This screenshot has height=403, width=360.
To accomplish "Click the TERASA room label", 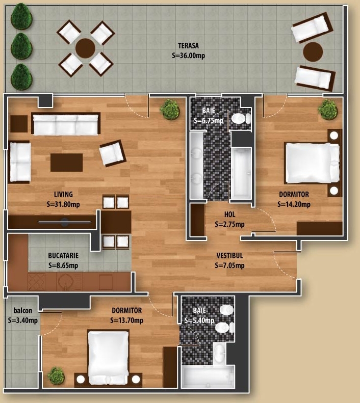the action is pos(189,46).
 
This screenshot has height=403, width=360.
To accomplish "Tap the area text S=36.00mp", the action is pos(189,56).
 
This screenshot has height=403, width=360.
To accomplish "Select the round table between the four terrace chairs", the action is pos(85,48).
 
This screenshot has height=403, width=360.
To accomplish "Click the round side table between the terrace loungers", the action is pos(313,52).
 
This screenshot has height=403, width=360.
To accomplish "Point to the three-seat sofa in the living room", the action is pos(66,124).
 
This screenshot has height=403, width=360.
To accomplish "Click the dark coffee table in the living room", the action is pos(67,163).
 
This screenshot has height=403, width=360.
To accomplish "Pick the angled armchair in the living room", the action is pos(113,153).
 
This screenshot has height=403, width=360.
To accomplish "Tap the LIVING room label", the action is pos(63,194).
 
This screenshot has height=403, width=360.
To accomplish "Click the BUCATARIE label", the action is pos(63,255).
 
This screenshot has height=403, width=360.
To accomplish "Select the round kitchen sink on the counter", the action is pos(64,282).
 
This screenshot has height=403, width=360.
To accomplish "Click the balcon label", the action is pos(23,310).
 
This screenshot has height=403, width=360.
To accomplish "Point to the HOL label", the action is pos(229,214).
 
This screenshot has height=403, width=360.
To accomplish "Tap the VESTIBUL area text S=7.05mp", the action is pos(229,265).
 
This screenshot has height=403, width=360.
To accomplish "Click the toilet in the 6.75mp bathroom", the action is pos(241,119).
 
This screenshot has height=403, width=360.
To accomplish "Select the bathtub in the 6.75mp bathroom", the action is pos(241,173).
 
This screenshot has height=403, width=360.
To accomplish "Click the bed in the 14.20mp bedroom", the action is pos(313,163).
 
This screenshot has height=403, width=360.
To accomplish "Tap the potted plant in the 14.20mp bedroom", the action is pos(328,110).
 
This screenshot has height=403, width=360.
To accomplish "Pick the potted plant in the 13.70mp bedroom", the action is pos(56,376).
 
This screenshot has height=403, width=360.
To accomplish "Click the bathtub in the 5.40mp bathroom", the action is pos(208,377).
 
